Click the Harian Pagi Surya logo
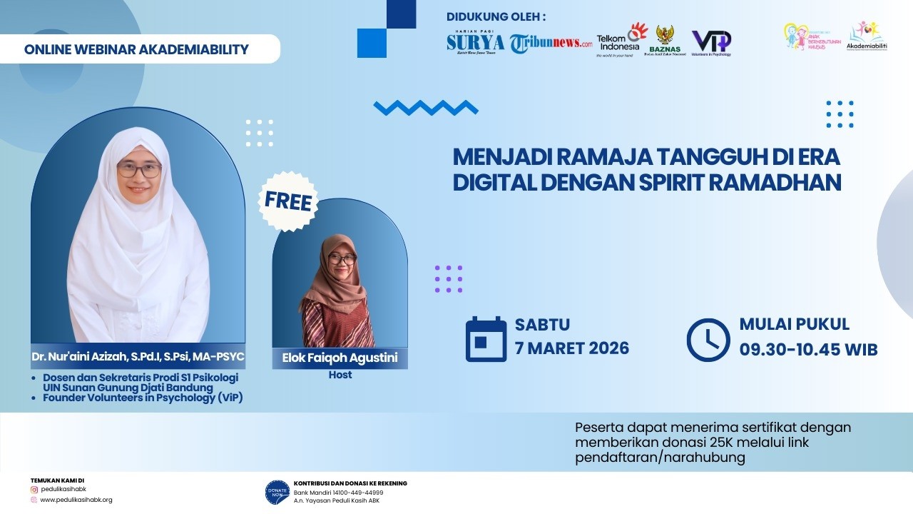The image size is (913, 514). point(475,44)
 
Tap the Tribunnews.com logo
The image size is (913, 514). point(551,44)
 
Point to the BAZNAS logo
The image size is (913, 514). point(665,41)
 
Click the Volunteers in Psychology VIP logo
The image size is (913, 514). point(711,42)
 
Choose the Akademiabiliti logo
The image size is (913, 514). point(865,36)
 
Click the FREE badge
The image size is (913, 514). point(288,201)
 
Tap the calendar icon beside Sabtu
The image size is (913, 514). point(486,339)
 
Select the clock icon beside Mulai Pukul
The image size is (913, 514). point(708,340)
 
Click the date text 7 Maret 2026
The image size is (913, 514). point(572,348)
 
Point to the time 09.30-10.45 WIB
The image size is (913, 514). point(808,350)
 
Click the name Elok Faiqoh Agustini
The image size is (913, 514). point(340,358)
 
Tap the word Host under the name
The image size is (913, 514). point(340,375)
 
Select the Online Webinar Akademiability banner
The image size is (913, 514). point(136,49)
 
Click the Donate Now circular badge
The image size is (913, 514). point(277,492)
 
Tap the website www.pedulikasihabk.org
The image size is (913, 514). point(76,500)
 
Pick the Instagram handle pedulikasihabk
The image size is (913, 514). point(68,490)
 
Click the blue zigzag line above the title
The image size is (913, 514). point(426,108)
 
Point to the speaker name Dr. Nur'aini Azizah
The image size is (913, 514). point(138,356)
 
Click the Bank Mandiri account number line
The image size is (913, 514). point(338,493)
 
